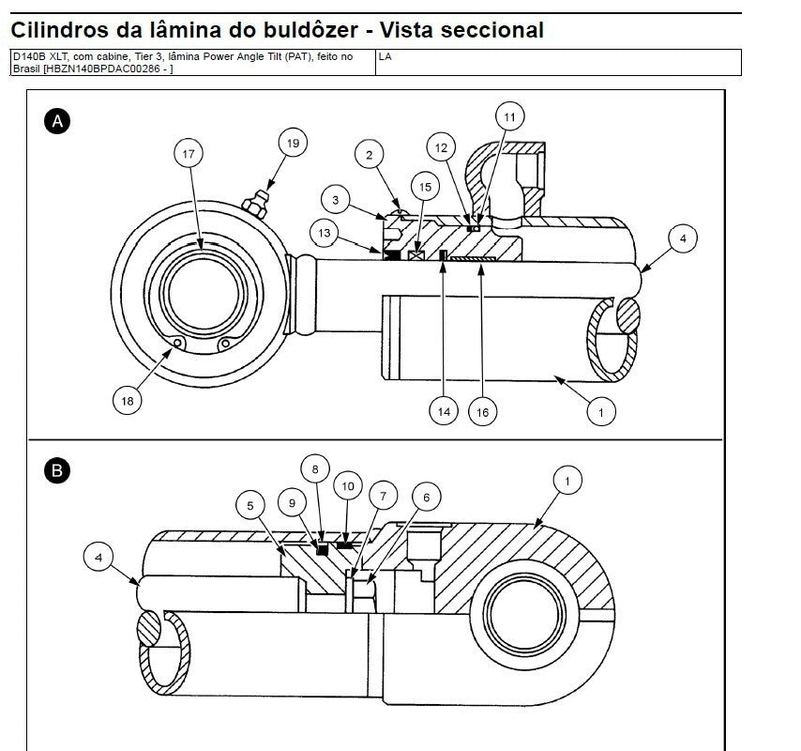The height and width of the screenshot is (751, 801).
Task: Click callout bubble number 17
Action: [x=189, y=153]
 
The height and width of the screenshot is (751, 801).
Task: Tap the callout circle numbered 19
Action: [x=293, y=144]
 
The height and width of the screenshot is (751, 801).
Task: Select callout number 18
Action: [x=127, y=401]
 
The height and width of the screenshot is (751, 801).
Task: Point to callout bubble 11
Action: [x=509, y=117]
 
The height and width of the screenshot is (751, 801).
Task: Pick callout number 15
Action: [x=425, y=188]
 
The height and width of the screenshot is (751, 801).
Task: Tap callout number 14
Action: [x=445, y=410]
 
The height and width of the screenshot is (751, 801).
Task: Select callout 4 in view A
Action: [x=682, y=238]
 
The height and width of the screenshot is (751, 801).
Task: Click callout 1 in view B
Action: [x=567, y=481]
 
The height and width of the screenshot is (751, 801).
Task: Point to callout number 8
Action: [x=315, y=467]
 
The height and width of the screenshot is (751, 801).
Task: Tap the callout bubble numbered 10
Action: [x=348, y=486]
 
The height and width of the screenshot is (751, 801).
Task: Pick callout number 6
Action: [x=426, y=498]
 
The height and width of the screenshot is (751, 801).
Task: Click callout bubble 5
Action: [x=250, y=506]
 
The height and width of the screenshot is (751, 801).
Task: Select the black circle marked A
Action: [x=58, y=120]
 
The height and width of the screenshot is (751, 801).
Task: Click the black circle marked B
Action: [x=58, y=471]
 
